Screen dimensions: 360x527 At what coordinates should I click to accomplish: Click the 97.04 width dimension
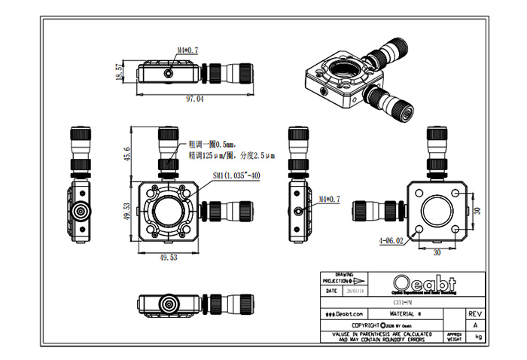point(195,99)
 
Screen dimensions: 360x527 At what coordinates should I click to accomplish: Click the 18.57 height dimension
point(119,72)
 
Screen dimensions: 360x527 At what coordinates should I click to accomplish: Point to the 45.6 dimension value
point(127,154)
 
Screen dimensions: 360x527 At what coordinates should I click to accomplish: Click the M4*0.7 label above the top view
point(187,50)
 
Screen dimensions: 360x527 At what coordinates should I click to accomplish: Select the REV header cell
point(474,313)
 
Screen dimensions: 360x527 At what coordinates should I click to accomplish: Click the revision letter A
point(474,325)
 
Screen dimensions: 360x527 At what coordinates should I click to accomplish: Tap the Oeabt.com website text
point(346,313)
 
